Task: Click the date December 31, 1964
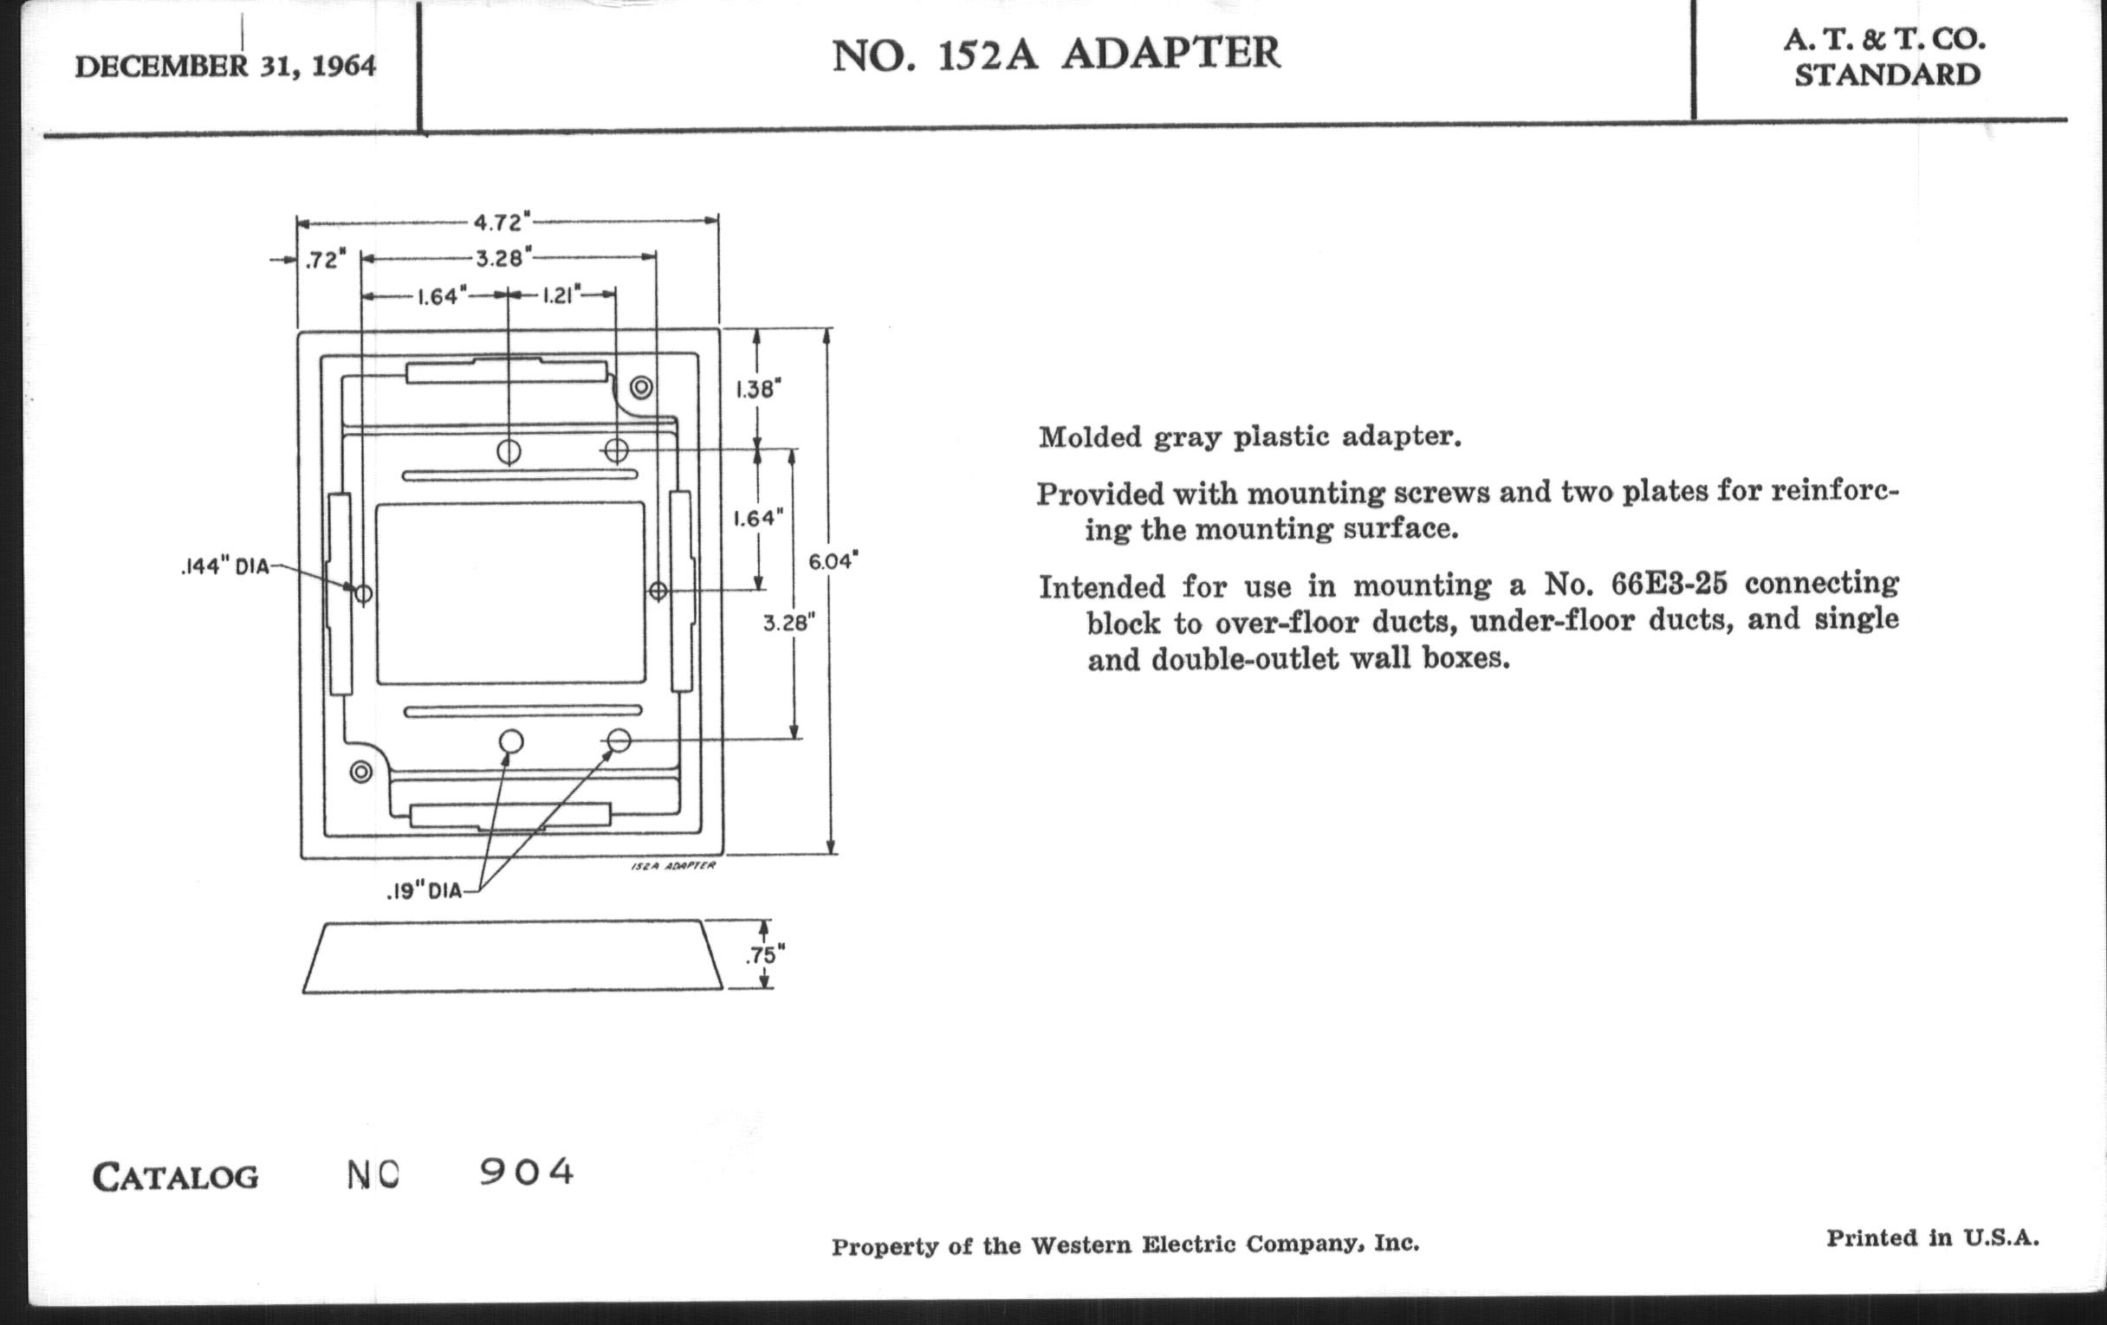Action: (x=226, y=67)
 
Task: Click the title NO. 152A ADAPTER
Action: (x=1055, y=55)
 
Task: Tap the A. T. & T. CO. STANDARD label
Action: (x=1886, y=58)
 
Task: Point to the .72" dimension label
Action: (x=325, y=260)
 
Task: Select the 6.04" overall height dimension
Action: (x=832, y=560)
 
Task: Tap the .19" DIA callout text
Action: (x=424, y=892)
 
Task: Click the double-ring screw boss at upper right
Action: (x=641, y=386)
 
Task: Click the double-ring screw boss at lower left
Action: (x=360, y=772)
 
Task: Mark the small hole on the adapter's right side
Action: (x=658, y=591)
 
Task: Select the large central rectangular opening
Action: (x=510, y=593)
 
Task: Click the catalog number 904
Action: (x=526, y=1172)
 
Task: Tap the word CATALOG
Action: (x=176, y=1177)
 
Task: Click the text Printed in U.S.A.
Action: (x=1932, y=1238)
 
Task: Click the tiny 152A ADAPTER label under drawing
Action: (x=672, y=866)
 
